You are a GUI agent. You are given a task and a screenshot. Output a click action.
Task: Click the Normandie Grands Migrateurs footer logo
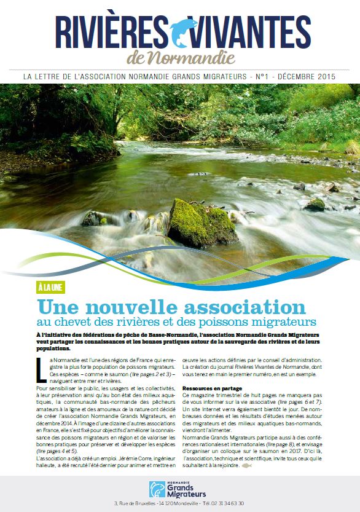179,489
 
